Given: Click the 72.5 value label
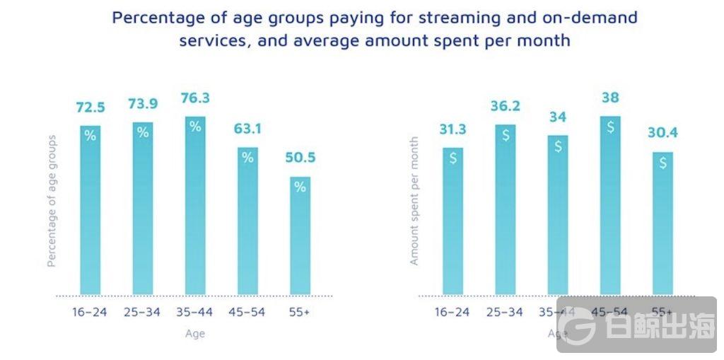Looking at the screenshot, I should pyautogui.click(x=90, y=108).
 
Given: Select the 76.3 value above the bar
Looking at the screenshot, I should pyautogui.click(x=195, y=98).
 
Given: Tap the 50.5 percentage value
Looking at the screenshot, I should pyautogui.click(x=300, y=158).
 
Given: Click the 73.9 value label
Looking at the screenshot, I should pyautogui.click(x=143, y=104).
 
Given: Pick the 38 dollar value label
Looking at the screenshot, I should pyautogui.click(x=610, y=98).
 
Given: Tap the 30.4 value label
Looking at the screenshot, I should pyautogui.click(x=662, y=133).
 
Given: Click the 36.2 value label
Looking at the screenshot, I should pyautogui.click(x=506, y=106).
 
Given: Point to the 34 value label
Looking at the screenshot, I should pyautogui.click(x=558, y=117).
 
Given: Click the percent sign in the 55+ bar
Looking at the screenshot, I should pyautogui.click(x=300, y=187).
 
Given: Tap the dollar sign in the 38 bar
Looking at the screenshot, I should pyautogui.click(x=610, y=127).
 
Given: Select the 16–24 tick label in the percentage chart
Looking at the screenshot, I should pyautogui.click(x=90, y=312).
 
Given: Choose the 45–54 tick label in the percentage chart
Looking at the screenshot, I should pyautogui.click(x=247, y=312).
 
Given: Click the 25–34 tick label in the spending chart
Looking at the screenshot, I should pyautogui.click(x=505, y=312).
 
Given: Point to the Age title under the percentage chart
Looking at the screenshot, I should pyautogui.click(x=194, y=333).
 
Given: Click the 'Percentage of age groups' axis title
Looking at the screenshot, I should pyautogui.click(x=51, y=201).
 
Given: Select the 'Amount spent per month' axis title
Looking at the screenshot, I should pyautogui.click(x=414, y=202).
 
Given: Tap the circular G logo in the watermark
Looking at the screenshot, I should pyautogui.click(x=577, y=325).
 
